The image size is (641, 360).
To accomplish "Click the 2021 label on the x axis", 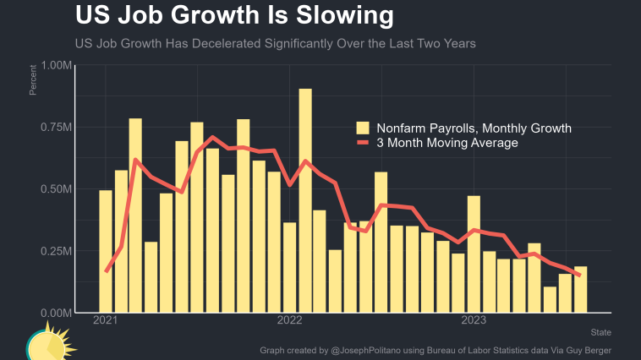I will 106,320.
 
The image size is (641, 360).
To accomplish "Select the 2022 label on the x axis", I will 289,320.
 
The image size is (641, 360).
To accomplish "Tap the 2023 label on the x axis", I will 474,320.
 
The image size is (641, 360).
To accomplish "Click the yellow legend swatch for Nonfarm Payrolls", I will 363,128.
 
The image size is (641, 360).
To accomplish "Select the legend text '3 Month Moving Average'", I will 447,144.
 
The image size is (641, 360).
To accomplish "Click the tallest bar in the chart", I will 305,200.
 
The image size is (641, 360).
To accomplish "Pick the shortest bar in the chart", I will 550,300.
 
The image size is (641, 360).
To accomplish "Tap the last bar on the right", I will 580,289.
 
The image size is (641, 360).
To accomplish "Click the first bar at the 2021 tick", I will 106,251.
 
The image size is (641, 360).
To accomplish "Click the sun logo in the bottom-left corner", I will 49,343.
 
